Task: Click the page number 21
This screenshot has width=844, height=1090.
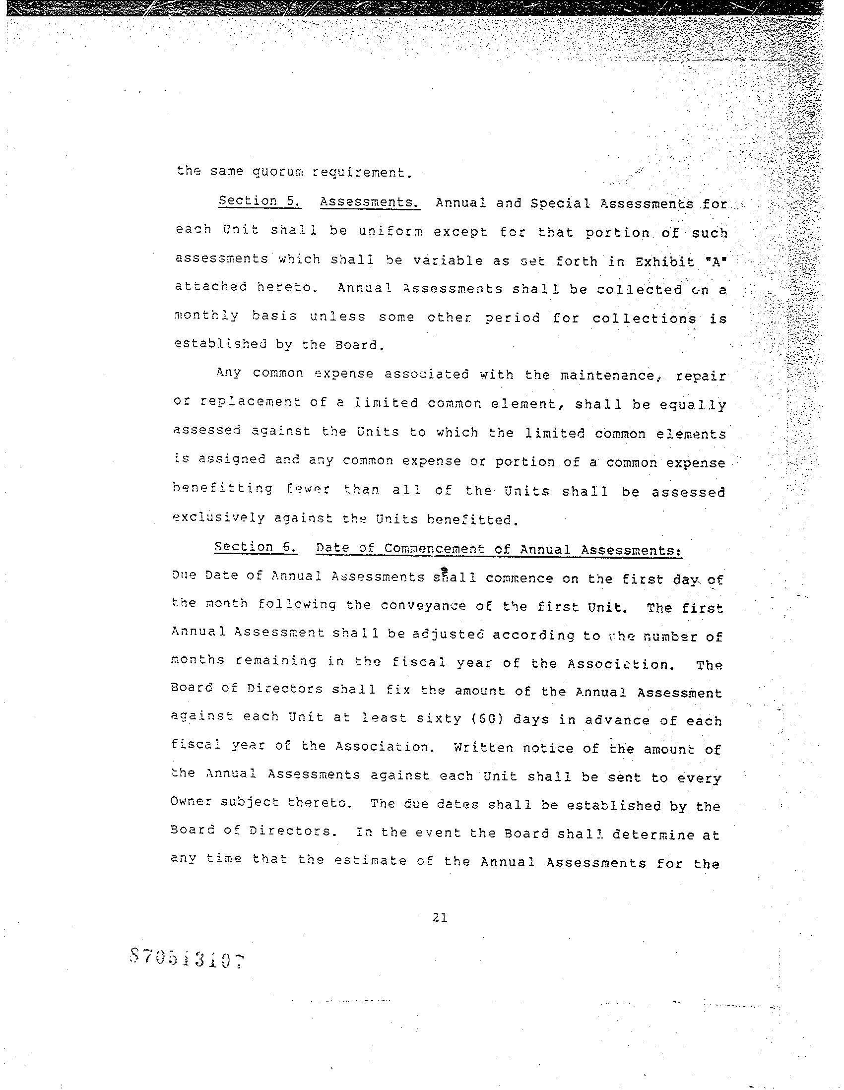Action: [x=440, y=917]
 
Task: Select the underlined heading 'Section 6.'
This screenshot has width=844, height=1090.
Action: [x=257, y=547]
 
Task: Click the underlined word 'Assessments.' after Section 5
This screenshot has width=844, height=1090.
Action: [x=370, y=202]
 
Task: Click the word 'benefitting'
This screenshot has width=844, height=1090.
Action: [x=223, y=489]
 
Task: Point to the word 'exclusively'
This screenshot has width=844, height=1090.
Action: [x=219, y=517]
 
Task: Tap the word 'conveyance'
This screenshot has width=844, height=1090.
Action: [x=413, y=606]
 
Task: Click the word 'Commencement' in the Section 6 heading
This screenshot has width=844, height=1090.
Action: [x=435, y=549]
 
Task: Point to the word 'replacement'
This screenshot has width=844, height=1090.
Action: [x=251, y=402]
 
